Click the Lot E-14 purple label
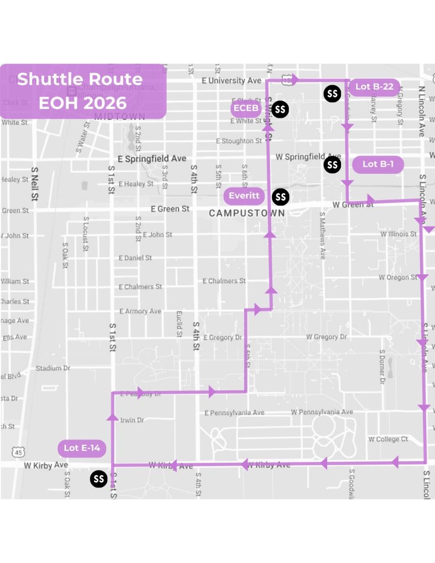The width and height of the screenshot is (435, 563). [x=81, y=448]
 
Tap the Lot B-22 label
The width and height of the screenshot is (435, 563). [x=374, y=87]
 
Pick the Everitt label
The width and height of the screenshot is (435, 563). [x=244, y=196]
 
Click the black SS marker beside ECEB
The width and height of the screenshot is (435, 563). [x=280, y=109]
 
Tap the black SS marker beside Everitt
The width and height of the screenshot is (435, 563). [x=280, y=196]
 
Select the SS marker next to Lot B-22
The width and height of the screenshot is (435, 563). [x=332, y=93]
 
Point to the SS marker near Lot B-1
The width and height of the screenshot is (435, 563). [x=332, y=164]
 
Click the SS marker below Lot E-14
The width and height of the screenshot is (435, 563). [x=99, y=479]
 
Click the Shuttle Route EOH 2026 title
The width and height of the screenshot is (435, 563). [x=80, y=91]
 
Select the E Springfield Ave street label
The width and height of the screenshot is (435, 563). [x=152, y=158]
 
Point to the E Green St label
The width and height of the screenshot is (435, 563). [x=170, y=209]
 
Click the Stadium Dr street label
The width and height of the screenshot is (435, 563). [x=53, y=368]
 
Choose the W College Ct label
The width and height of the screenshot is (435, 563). [x=388, y=439]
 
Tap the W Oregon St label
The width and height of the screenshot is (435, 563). [x=398, y=278]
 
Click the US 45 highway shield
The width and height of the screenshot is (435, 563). [x=19, y=452]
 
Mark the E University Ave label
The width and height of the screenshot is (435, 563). [x=232, y=81]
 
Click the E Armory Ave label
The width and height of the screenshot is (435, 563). [x=140, y=311]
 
